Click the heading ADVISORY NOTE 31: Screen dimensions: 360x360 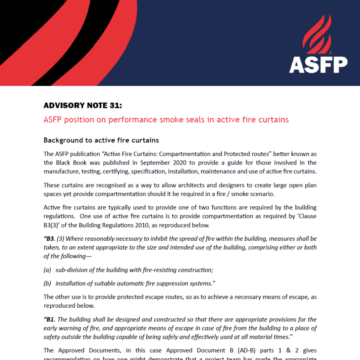(83, 106)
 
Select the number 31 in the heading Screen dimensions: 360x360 (114, 106)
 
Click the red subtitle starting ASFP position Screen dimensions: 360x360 (166, 120)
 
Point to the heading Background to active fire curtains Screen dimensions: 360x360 (101, 140)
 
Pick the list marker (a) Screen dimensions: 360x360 (47, 270)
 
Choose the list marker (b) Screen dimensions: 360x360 (47, 283)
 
